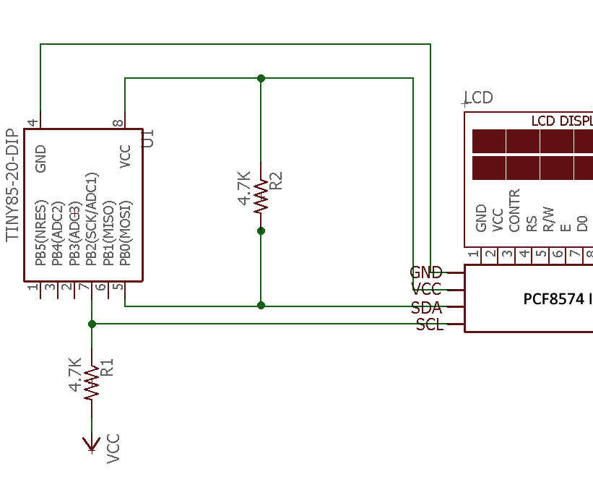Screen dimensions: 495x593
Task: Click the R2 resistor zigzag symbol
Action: point(261,195)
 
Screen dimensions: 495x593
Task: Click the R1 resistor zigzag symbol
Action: point(92,382)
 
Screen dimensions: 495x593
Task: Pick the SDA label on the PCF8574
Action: point(426,307)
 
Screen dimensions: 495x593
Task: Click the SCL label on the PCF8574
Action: point(430,325)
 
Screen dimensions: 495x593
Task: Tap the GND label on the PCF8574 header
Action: point(426,272)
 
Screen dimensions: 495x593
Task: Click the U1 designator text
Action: point(148,138)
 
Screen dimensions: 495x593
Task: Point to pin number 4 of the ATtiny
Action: point(33,124)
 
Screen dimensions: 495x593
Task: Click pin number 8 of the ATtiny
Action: point(118,124)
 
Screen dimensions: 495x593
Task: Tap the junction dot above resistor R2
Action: point(261,78)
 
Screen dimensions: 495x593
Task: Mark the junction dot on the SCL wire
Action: point(92,324)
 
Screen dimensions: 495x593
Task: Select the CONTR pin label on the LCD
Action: point(514,211)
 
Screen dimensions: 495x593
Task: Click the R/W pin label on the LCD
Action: point(548,218)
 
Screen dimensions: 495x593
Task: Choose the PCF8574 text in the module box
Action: point(553,298)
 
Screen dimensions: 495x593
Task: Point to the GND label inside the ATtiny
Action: point(40,158)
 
